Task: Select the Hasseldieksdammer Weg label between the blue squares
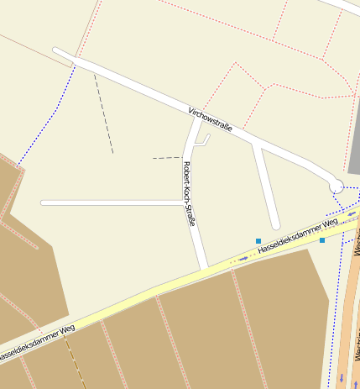click(297, 235)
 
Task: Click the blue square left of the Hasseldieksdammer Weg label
click(258, 241)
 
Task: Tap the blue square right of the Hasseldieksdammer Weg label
click(322, 240)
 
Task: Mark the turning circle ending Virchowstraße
click(336, 184)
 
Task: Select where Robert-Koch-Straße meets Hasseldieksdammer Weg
click(204, 267)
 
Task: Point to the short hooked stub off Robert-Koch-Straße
click(204, 140)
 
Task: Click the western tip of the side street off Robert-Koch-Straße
click(43, 202)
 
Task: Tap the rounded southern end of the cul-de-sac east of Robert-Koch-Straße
click(275, 225)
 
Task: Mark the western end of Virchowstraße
click(56, 50)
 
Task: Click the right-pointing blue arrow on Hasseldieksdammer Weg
click(244, 258)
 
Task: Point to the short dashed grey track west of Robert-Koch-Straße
click(166, 157)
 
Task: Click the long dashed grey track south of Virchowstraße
click(103, 113)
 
